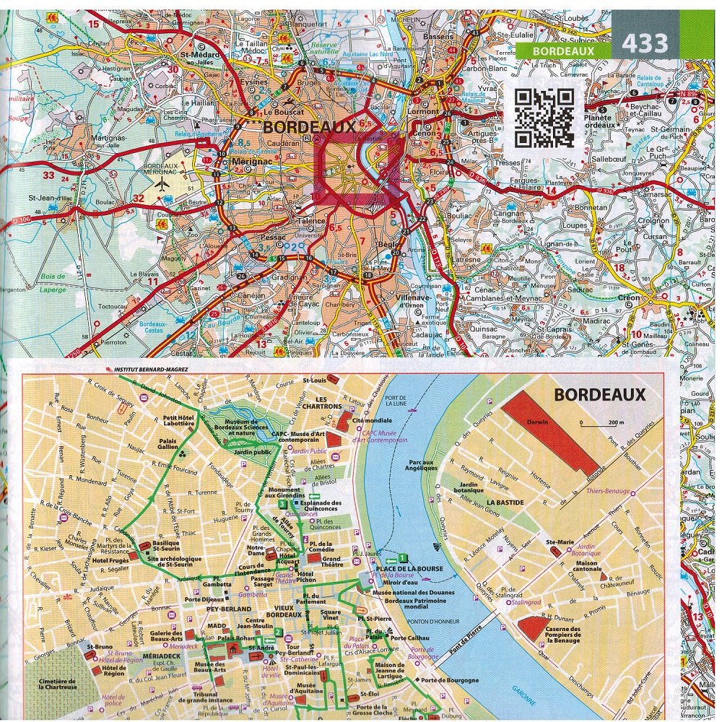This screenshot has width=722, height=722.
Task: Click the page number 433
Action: coord(645,44)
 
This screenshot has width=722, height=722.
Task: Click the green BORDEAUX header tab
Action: coord(563,51)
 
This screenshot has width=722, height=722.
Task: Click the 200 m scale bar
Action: coord(596,428)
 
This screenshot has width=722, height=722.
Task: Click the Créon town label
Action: coord(629,297)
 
